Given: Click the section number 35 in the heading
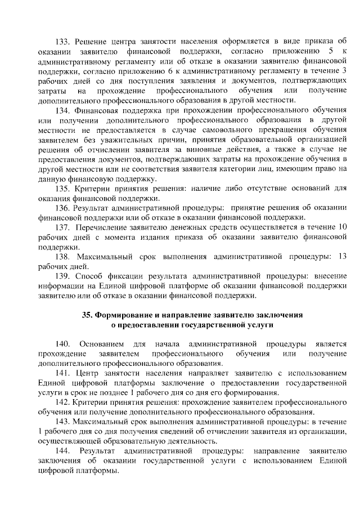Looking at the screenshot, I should (88, 315).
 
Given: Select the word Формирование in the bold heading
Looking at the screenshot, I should (125, 315).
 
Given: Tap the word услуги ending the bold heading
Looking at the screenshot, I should (244, 325).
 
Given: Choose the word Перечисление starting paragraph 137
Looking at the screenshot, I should (102, 227).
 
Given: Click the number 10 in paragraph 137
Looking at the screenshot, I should (341, 227).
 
